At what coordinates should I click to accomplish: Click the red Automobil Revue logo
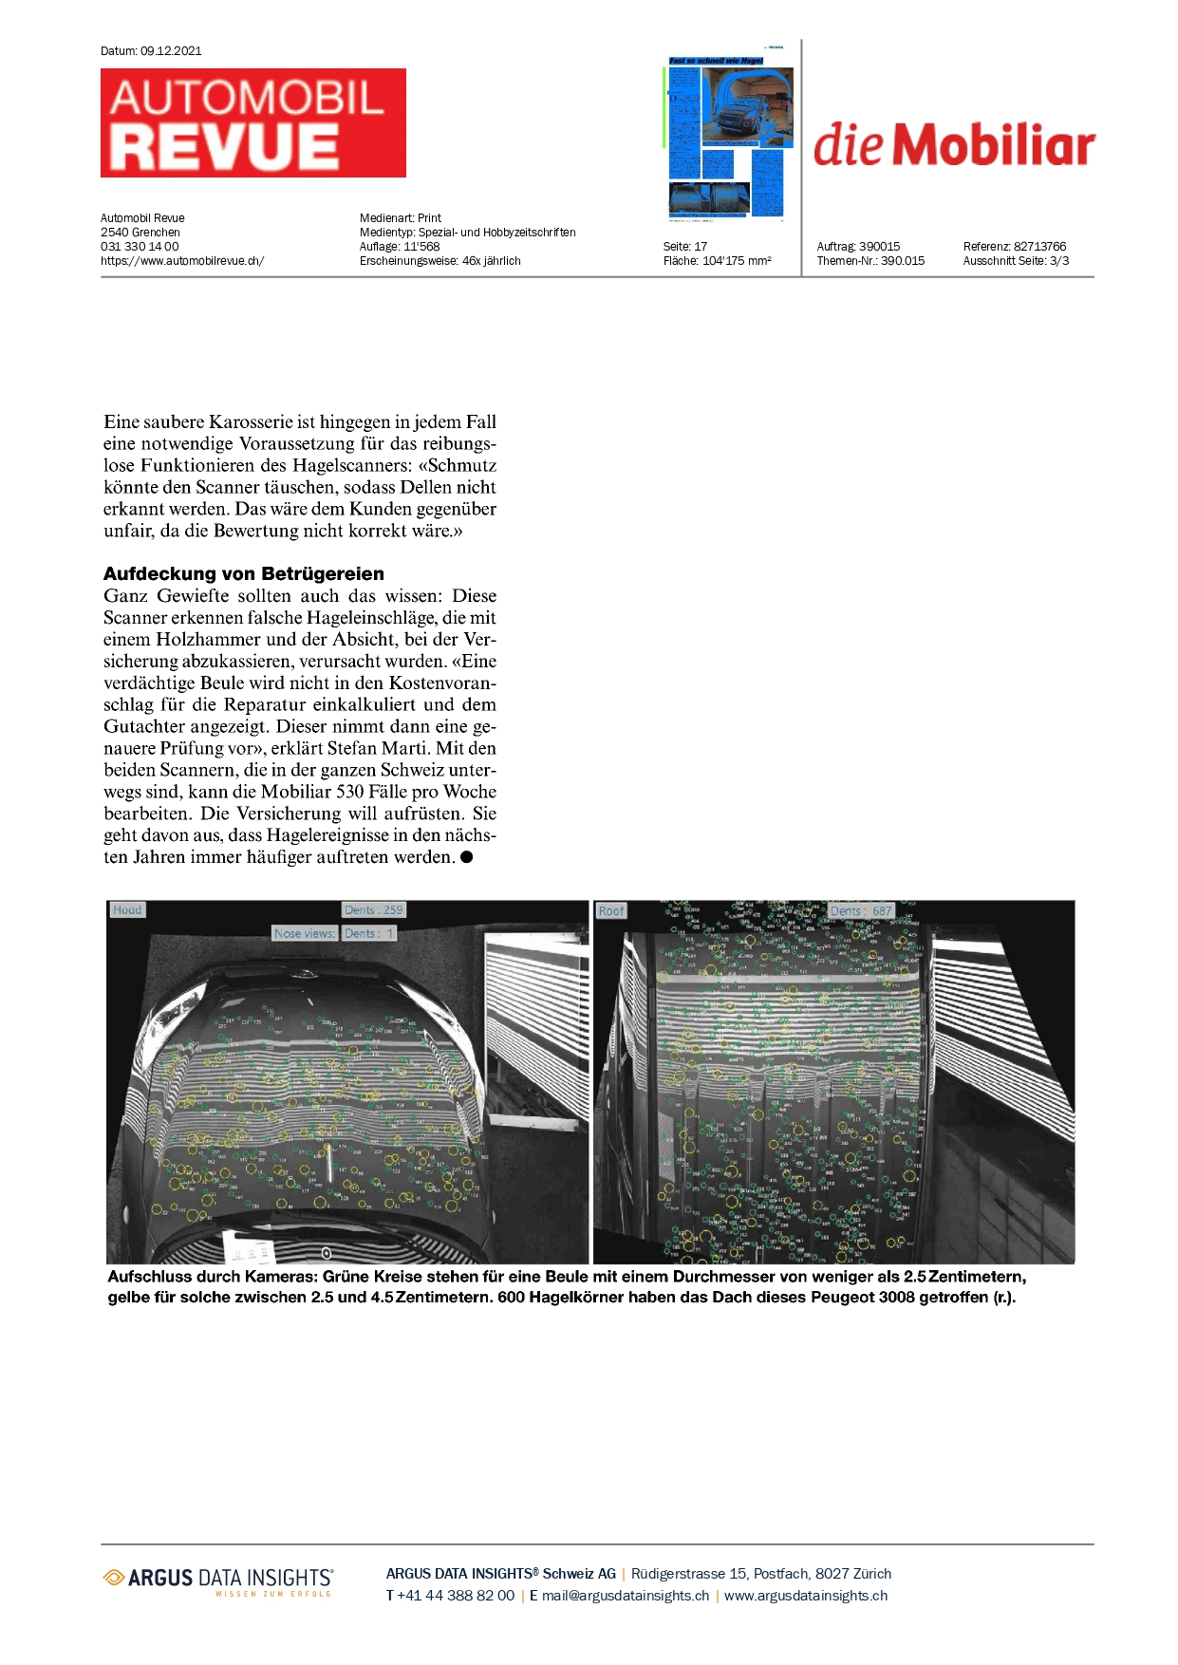tap(252, 122)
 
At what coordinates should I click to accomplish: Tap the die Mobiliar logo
tap(953, 144)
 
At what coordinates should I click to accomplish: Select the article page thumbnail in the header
tap(726, 133)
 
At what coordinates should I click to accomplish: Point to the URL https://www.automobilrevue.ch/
tap(182, 261)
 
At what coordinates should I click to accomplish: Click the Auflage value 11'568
tap(422, 247)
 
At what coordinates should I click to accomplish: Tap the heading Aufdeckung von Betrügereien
tap(244, 573)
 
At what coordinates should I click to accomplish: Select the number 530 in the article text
tap(352, 792)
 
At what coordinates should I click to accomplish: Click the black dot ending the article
tap(466, 857)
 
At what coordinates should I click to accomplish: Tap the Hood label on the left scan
tap(127, 909)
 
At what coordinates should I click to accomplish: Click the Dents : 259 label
tap(374, 909)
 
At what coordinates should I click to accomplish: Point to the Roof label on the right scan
tap(611, 910)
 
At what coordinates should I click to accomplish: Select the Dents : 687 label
tap(861, 910)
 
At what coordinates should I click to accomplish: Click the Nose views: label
tap(304, 933)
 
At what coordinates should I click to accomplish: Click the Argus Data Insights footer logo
tap(218, 1579)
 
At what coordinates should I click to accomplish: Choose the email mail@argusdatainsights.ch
tap(626, 1596)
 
